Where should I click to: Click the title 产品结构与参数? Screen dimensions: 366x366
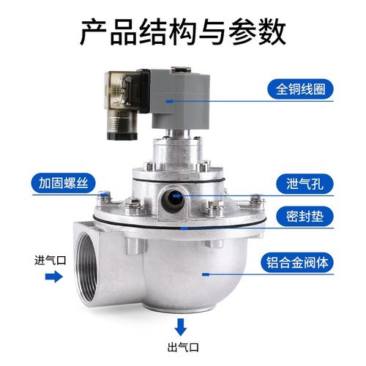182,31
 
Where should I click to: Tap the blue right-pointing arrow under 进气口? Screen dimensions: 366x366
52,277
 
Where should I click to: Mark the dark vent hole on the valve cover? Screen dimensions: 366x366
173,196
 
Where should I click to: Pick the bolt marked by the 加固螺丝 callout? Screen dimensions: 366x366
105,193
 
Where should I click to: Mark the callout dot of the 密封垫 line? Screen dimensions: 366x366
185,228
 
